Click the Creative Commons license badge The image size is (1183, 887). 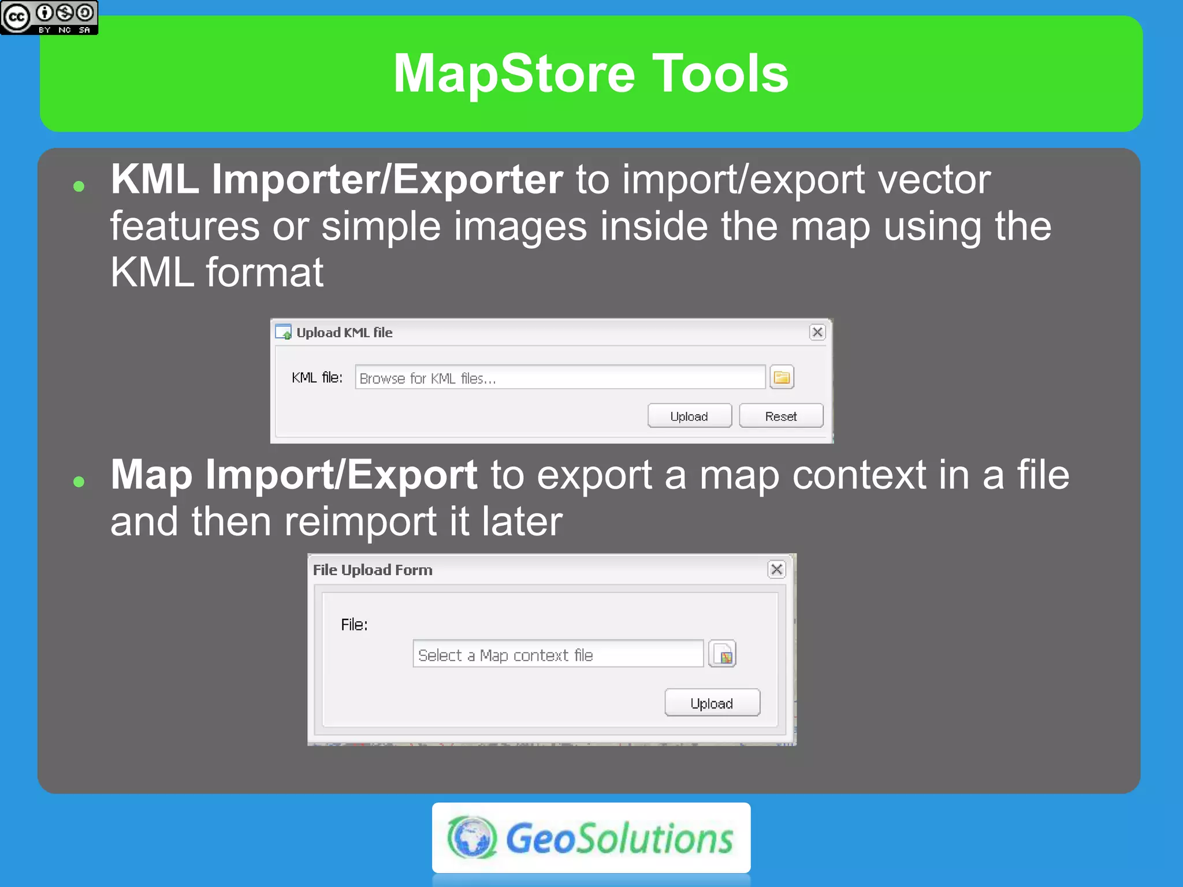pyautogui.click(x=49, y=17)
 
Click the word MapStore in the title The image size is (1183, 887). pyautogui.click(x=514, y=73)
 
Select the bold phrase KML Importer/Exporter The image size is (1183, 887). pyautogui.click(x=337, y=180)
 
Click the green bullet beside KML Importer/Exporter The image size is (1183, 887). pyautogui.click(x=79, y=187)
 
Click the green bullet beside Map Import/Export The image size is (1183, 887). pyautogui.click(x=79, y=482)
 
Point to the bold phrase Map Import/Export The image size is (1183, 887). pyautogui.click(x=293, y=475)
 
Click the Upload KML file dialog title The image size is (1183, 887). pyautogui.click(x=344, y=333)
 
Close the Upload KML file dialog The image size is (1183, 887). pyautogui.click(x=817, y=332)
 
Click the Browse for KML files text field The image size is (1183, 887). pyautogui.click(x=559, y=378)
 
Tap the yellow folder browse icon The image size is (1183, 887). pyautogui.click(x=782, y=378)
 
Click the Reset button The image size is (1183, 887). pyautogui.click(x=780, y=416)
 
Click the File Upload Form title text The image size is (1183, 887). pyautogui.click(x=373, y=570)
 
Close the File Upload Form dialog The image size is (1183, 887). pyautogui.click(x=776, y=569)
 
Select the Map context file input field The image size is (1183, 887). pyautogui.click(x=557, y=655)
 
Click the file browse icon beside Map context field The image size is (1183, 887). pyautogui.click(x=722, y=655)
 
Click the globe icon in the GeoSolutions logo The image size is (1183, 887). pyautogui.click(x=472, y=837)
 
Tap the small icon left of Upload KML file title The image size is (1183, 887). pyautogui.click(x=284, y=333)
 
